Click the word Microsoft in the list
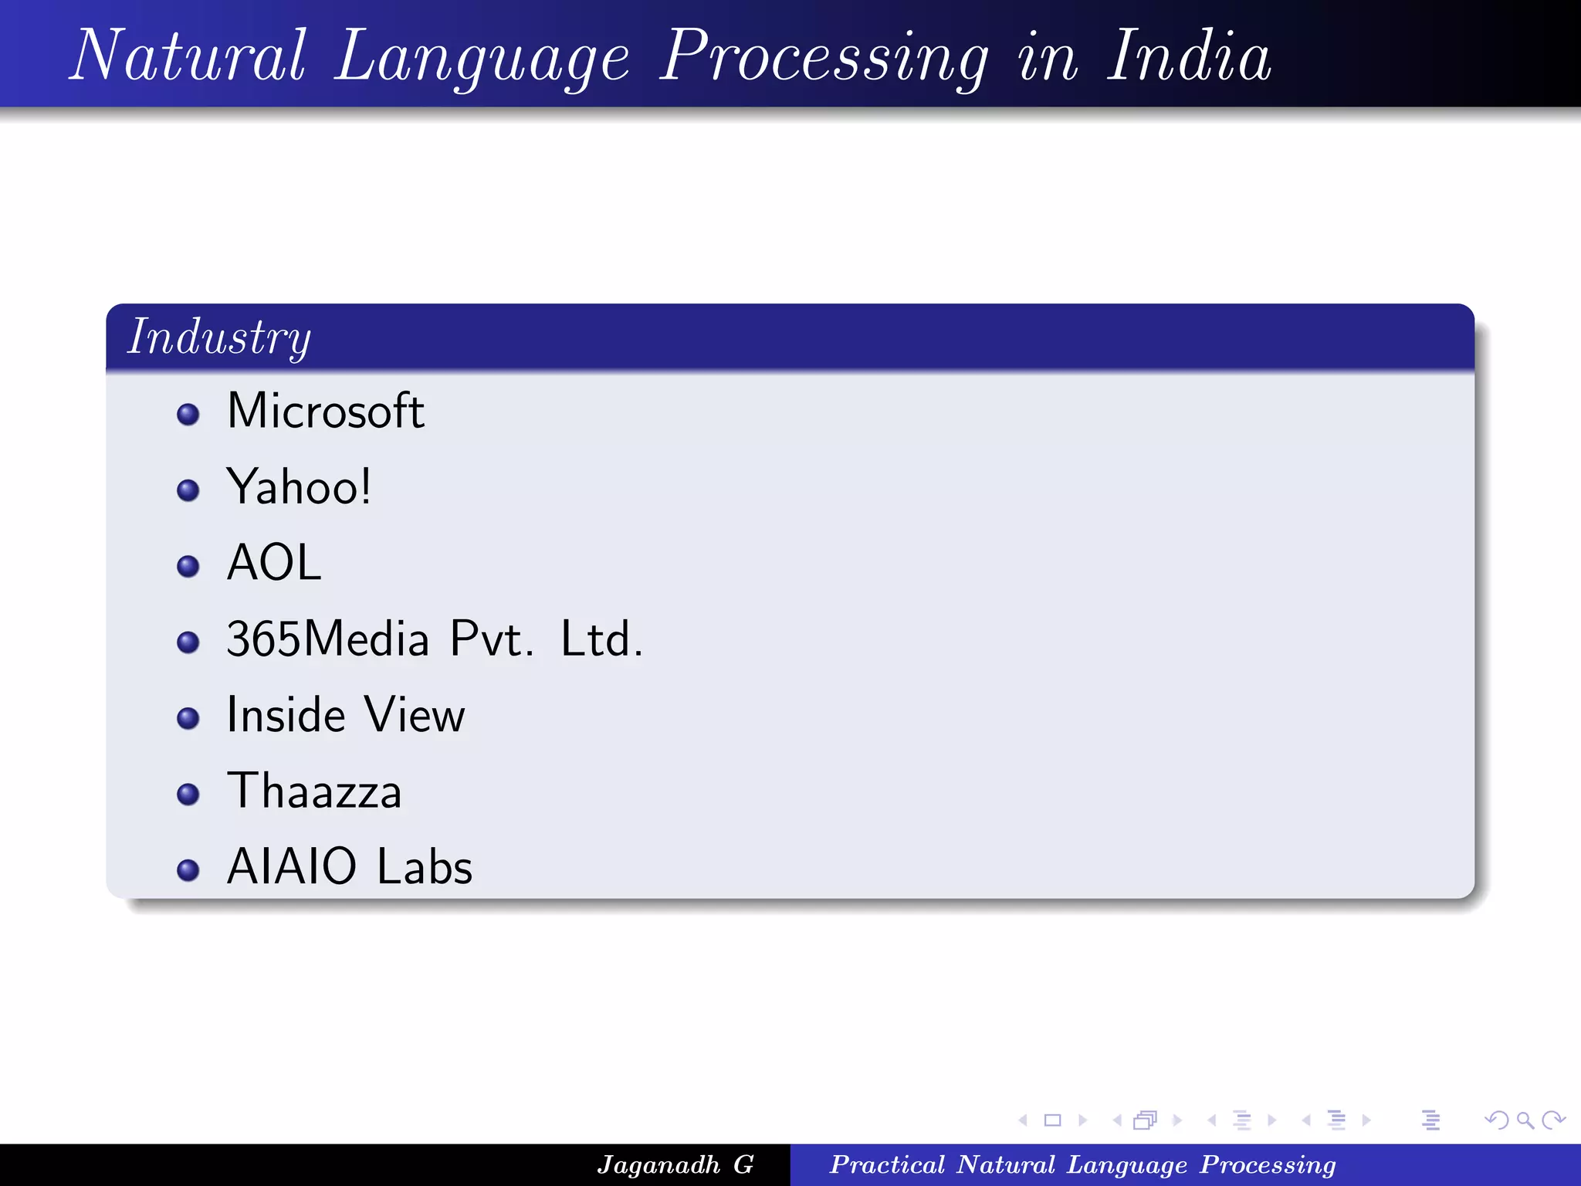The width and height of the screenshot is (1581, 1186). coord(325,411)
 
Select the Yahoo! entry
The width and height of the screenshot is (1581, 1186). coord(299,486)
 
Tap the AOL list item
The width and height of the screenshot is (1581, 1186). coord(274,562)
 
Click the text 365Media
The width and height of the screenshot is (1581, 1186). coord(327,639)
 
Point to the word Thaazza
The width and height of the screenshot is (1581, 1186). coord(314,791)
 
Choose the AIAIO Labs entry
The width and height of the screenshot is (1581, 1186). coord(349,866)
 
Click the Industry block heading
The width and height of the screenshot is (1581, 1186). coord(219,337)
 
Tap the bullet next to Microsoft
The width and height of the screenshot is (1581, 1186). coord(188,415)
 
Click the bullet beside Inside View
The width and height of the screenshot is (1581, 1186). coord(188,719)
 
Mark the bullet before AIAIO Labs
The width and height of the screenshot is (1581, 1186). coord(188,870)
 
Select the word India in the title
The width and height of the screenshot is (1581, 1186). coord(1189,56)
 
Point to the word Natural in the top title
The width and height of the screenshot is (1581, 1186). coord(189,56)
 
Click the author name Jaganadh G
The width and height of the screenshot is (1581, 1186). coord(675,1164)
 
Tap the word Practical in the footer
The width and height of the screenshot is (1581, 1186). coord(887,1164)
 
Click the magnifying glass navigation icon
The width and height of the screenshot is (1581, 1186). coord(1525,1120)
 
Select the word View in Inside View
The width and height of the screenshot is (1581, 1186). coord(415,715)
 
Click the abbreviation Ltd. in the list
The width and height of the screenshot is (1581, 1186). coord(601,639)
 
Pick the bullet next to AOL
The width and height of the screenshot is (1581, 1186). coord(188,567)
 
